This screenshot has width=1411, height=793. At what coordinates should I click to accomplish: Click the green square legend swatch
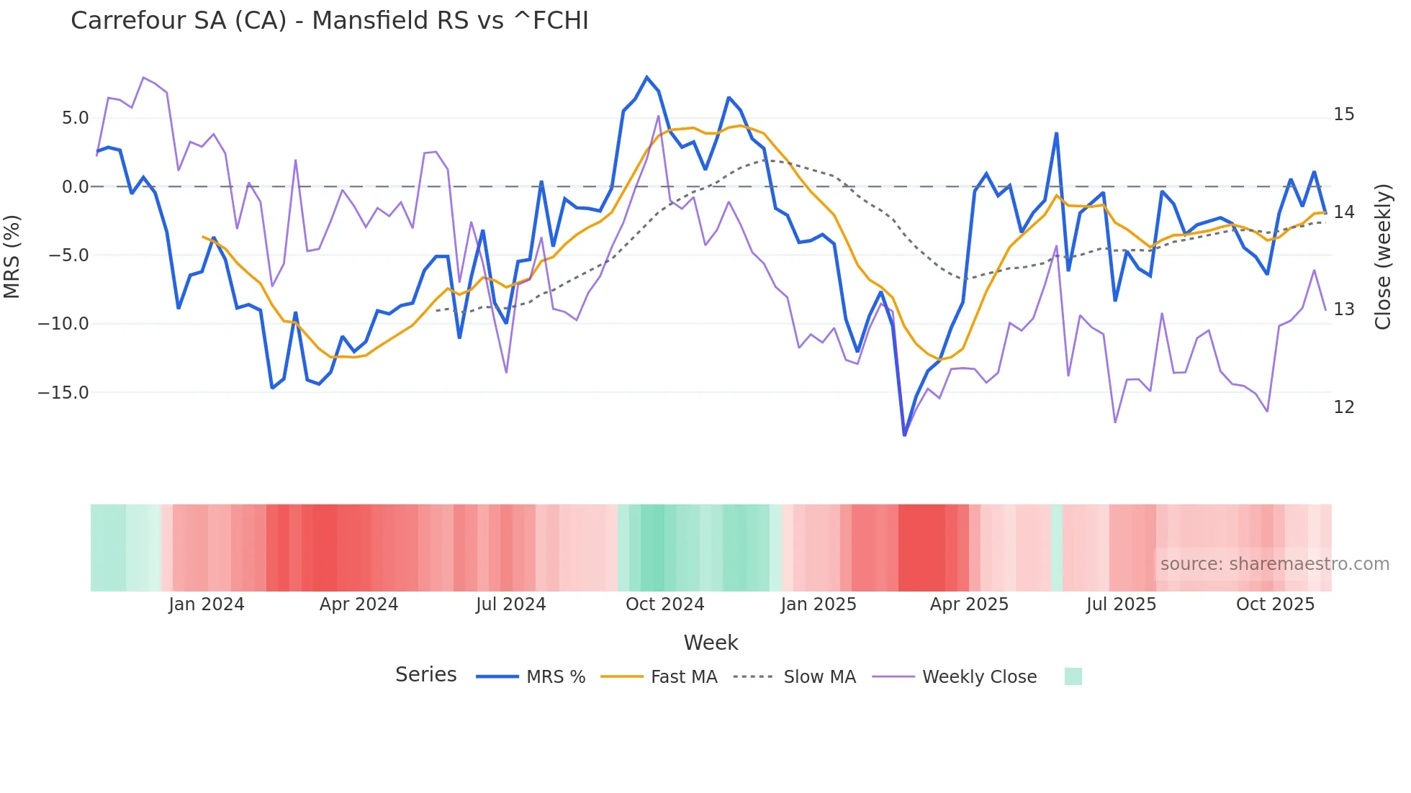(x=1073, y=676)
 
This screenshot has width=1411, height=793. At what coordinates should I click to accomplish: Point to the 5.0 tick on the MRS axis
(x=75, y=118)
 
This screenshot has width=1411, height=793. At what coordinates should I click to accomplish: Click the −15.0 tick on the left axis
(x=63, y=393)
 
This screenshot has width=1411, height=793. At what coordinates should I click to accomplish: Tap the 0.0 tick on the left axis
(x=75, y=187)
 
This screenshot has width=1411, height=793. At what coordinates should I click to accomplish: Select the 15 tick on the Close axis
(x=1343, y=114)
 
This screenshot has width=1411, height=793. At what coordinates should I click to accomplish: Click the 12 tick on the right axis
(x=1343, y=407)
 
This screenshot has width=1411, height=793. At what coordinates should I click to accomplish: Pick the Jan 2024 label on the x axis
(x=207, y=604)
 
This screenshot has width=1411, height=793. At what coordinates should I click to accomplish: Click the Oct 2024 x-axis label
(x=664, y=604)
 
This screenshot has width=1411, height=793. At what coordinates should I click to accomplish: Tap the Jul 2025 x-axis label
(x=1121, y=604)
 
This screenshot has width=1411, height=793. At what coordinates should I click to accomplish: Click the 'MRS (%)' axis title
(x=12, y=256)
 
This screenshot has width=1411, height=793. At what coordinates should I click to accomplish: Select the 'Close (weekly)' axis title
(x=1382, y=256)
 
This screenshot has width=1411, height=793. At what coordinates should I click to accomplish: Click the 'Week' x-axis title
(x=711, y=643)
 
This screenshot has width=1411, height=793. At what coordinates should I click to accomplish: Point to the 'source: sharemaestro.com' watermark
(x=1274, y=564)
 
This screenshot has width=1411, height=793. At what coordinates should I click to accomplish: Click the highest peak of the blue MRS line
(x=646, y=77)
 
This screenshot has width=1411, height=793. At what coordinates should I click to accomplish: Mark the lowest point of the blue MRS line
(x=904, y=435)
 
